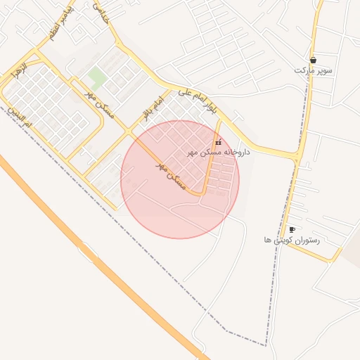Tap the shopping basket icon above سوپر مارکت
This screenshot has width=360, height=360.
pos(313,60)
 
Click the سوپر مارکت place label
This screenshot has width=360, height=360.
pos(313,70)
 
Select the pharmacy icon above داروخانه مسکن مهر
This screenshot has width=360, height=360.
pos(217,143)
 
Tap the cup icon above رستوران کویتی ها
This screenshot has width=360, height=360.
pos(292,230)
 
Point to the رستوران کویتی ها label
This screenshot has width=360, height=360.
pos(292,240)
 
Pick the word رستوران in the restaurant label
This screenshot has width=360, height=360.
pos(307,240)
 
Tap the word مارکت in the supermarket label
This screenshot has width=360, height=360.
pos(303,70)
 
